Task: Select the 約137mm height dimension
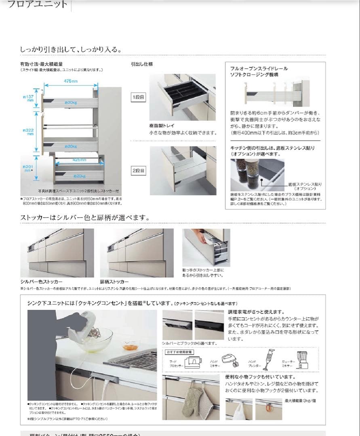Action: [x=30, y=98]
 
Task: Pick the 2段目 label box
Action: [x=138, y=171]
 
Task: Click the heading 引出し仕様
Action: [x=141, y=64]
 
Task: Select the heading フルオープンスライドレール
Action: [x=259, y=69]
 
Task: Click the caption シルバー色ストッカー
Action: [x=42, y=281]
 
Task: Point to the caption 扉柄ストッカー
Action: [x=114, y=281]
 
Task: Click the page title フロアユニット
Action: [x=38, y=5]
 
